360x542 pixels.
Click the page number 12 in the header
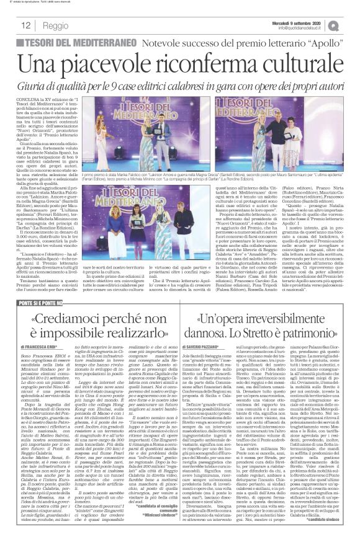pos(27,25)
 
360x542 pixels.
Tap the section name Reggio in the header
pos(56,26)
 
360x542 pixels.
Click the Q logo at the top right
pos(350,25)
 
